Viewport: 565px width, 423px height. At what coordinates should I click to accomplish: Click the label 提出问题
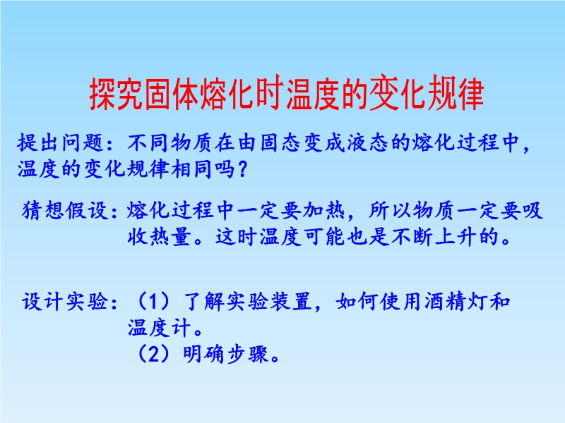point(61,143)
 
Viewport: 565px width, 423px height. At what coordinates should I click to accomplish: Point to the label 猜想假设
point(65,210)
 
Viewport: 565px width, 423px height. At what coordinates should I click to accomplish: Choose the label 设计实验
point(65,301)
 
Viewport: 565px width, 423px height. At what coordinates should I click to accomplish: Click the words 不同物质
point(170,143)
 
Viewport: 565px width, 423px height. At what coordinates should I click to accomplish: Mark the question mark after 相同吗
point(242,169)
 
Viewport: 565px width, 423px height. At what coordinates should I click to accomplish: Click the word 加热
point(323,210)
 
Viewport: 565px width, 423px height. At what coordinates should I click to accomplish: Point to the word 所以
point(391,210)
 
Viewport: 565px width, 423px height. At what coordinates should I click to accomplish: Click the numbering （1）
point(153,301)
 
